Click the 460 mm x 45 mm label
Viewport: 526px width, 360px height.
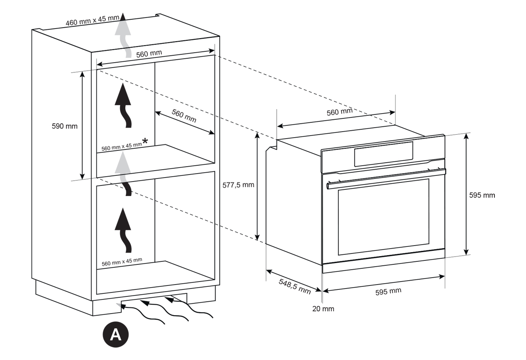click(x=92, y=21)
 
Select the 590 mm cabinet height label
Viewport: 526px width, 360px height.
click(x=64, y=126)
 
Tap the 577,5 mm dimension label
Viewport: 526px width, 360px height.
click(x=238, y=185)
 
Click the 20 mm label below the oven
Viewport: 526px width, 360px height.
click(x=323, y=309)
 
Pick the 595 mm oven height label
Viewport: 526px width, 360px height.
click(x=482, y=195)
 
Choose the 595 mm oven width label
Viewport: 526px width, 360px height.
click(x=388, y=291)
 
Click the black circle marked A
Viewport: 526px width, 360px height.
click(x=115, y=335)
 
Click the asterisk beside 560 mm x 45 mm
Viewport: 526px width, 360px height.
click(x=144, y=141)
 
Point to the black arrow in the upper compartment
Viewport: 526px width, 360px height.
click(x=124, y=105)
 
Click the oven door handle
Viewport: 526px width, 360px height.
click(x=386, y=178)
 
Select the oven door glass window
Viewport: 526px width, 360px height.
click(x=383, y=216)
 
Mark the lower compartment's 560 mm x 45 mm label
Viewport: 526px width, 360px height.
click(x=122, y=261)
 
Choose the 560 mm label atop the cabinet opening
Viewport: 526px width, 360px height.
click(x=149, y=53)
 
